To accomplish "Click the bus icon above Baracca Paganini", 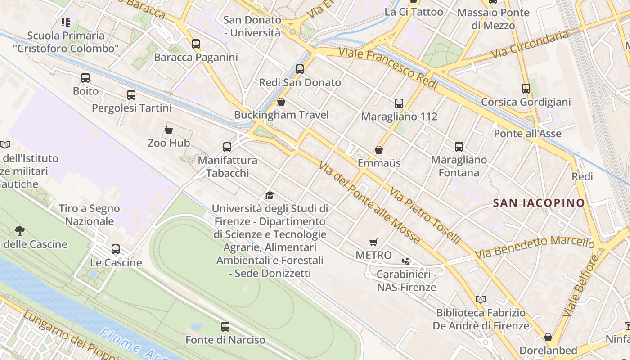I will click(196, 44).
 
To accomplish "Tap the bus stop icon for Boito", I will click(85, 78).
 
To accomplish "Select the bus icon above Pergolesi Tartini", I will click(131, 95).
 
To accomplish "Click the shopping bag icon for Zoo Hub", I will click(169, 130).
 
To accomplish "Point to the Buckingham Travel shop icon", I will click(281, 102).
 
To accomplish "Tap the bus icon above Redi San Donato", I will click(300, 69).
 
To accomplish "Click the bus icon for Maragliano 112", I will click(399, 103).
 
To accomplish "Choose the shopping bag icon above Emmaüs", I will click(379, 150).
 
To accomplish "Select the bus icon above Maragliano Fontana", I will click(459, 147).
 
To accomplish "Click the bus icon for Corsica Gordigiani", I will click(526, 89).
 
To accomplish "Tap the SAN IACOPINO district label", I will click(539, 203).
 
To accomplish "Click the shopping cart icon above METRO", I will click(373, 243).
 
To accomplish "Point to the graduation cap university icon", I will click(270, 195).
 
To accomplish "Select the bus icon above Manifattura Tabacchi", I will click(227, 147).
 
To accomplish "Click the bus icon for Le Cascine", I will click(116, 249).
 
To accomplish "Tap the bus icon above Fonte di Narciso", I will click(225, 327).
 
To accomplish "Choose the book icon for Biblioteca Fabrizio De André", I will click(481, 299).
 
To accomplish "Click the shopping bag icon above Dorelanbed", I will click(548, 337).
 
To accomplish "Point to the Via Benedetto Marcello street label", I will click(535, 247).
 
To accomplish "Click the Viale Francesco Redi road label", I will click(388, 68).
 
